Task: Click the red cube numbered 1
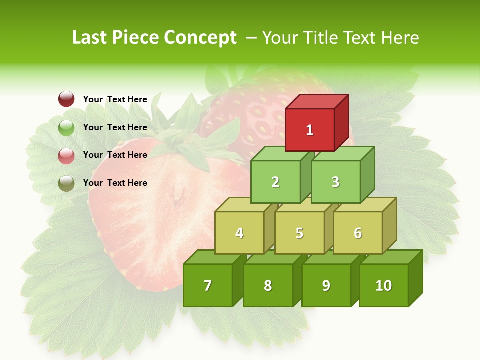click(310, 130)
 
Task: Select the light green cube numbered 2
click(275, 182)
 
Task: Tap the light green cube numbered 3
click(335, 182)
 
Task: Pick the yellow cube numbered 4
click(239, 233)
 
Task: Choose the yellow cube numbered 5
click(299, 233)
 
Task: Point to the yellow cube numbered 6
click(358, 233)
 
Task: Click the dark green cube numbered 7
click(208, 285)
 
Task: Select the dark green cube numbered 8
click(268, 285)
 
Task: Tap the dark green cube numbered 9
click(326, 285)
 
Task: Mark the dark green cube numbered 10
click(384, 285)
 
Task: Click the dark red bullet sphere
click(66, 99)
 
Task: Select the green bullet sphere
click(66, 127)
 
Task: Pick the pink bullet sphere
click(66, 155)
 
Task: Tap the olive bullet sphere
click(66, 183)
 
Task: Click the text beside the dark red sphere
click(115, 99)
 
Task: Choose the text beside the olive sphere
click(115, 183)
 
